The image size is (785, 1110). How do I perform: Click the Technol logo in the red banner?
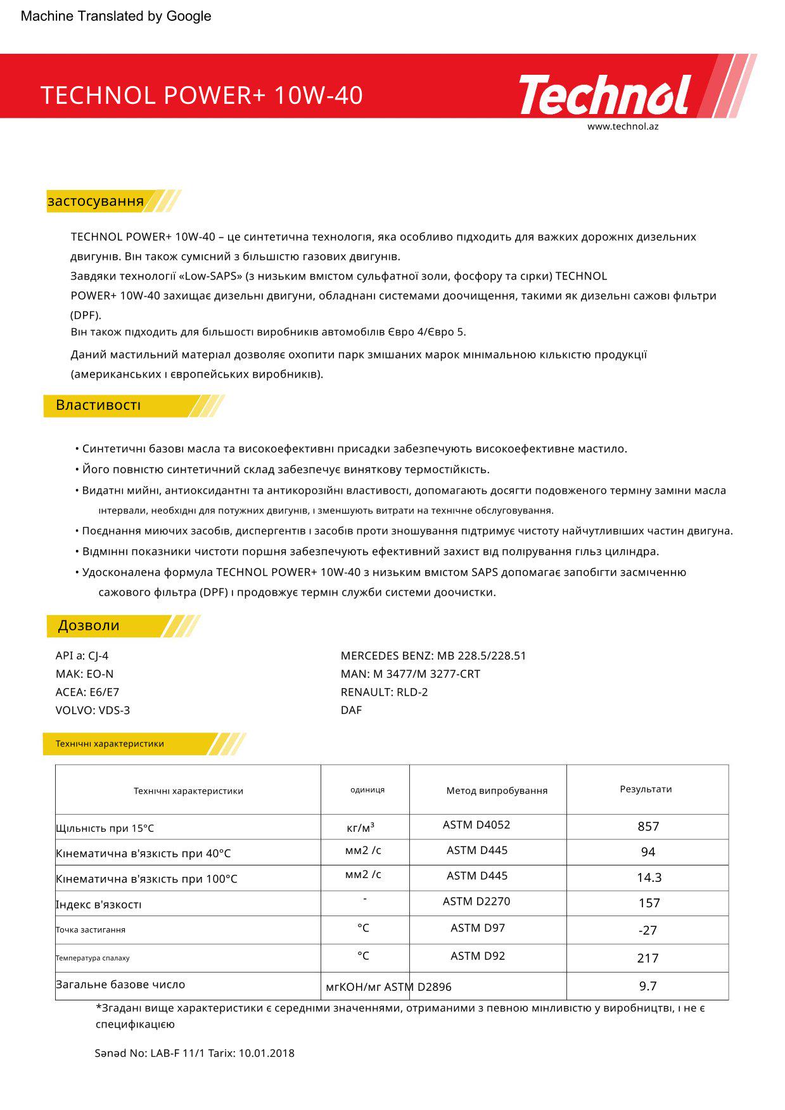pos(604,94)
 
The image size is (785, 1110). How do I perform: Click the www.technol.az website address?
pos(622,126)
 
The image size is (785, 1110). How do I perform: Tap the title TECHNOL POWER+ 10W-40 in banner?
pos(201,96)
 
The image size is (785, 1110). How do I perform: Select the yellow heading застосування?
pos(96,201)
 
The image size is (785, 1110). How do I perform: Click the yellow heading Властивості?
pos(98,405)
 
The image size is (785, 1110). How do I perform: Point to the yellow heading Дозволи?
pos(89,626)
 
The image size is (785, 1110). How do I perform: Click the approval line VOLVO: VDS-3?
pos(93,710)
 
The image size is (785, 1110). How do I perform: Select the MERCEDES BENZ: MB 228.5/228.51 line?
pos(433,656)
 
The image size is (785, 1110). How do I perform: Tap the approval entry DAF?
pos(351,710)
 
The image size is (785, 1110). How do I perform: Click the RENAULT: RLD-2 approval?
pos(384,692)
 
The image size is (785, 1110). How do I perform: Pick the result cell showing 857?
pos(648,827)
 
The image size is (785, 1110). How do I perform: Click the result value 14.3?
pos(649,877)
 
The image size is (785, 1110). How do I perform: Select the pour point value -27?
pos(648,931)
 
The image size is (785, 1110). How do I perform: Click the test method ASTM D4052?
pos(476,825)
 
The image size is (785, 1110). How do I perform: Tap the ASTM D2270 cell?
pos(476,902)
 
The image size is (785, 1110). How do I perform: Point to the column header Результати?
pos(646,789)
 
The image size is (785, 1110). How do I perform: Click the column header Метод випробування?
pos(496,791)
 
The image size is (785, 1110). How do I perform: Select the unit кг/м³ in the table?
pos(361,828)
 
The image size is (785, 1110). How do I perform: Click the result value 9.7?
pos(648,986)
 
